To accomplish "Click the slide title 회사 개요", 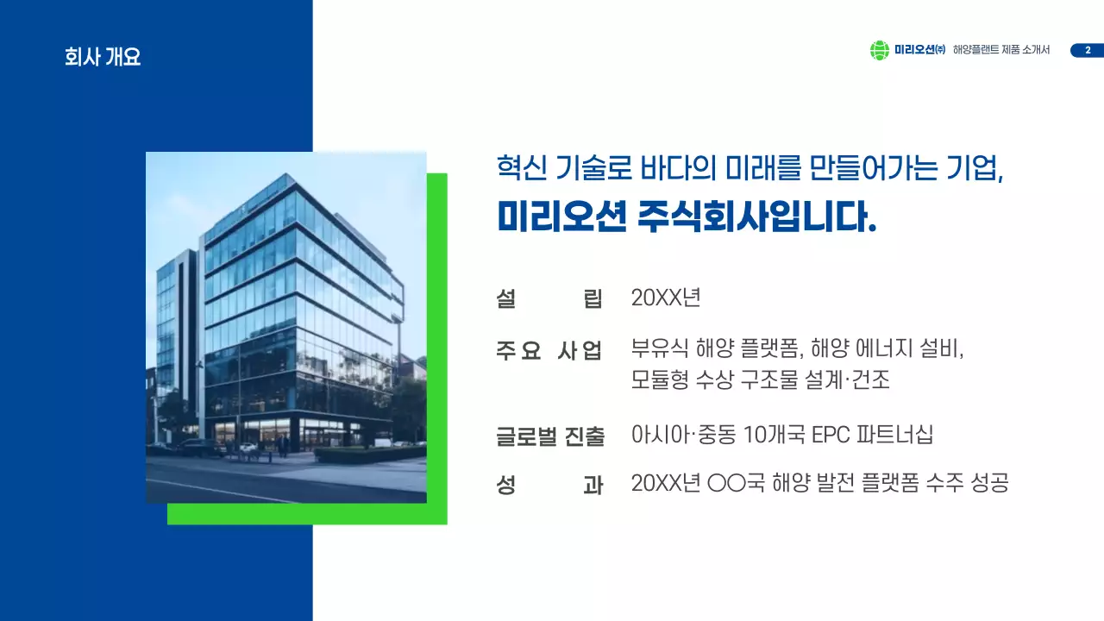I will click(x=102, y=58).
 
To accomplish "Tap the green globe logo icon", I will click(x=879, y=51).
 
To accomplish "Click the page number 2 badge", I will click(x=1087, y=51).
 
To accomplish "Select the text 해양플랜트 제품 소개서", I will click(x=1001, y=51).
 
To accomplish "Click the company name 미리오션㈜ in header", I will click(x=919, y=51).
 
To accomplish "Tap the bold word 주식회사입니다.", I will click(x=757, y=216).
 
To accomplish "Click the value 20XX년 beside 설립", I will click(x=666, y=298).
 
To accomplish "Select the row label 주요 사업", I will click(x=549, y=351).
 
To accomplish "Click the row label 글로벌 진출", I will click(x=550, y=436).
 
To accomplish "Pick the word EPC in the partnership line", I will click(x=831, y=435).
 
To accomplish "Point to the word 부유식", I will click(x=660, y=349).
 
